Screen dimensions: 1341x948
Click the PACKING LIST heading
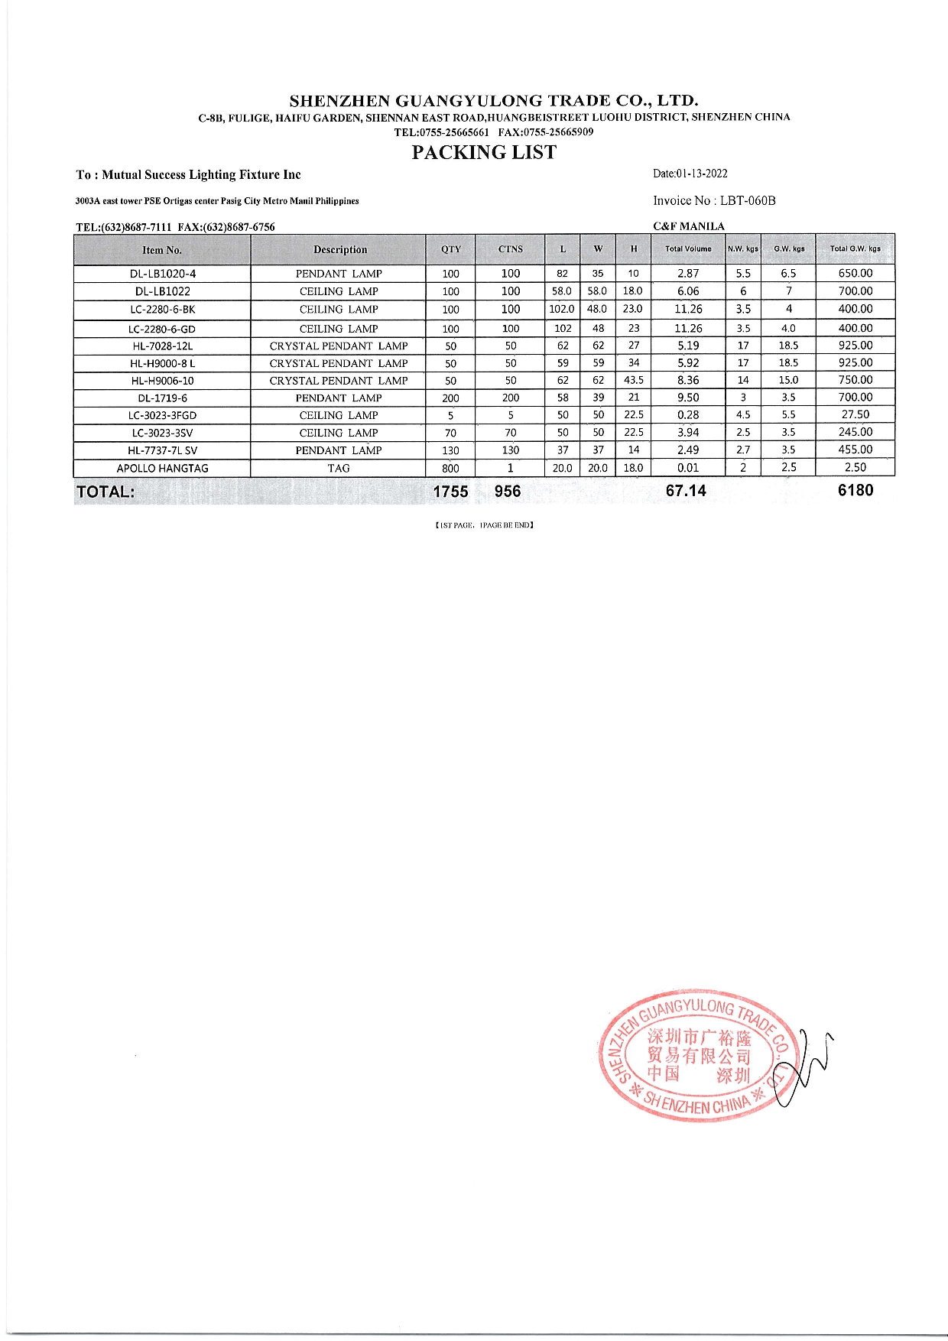point(484,153)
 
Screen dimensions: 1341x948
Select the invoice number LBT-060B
point(747,201)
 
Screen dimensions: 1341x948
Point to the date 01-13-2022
point(702,174)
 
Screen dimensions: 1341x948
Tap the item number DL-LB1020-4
point(162,274)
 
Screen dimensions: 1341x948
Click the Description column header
point(339,250)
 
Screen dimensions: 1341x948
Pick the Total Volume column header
point(688,249)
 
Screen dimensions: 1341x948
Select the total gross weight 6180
point(855,491)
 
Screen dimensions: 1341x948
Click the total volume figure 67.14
point(686,491)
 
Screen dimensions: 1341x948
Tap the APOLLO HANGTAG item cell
point(162,469)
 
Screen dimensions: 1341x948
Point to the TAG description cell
point(339,469)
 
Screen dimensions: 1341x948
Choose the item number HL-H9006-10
point(162,381)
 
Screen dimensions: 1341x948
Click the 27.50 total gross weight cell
point(855,415)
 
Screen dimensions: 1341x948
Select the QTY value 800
point(450,469)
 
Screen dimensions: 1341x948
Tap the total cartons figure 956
point(507,492)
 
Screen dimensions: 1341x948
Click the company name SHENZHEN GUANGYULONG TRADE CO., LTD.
point(494,101)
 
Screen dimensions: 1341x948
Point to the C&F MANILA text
point(689,226)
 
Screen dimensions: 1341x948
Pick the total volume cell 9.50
point(688,398)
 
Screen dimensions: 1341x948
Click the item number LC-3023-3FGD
point(162,416)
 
